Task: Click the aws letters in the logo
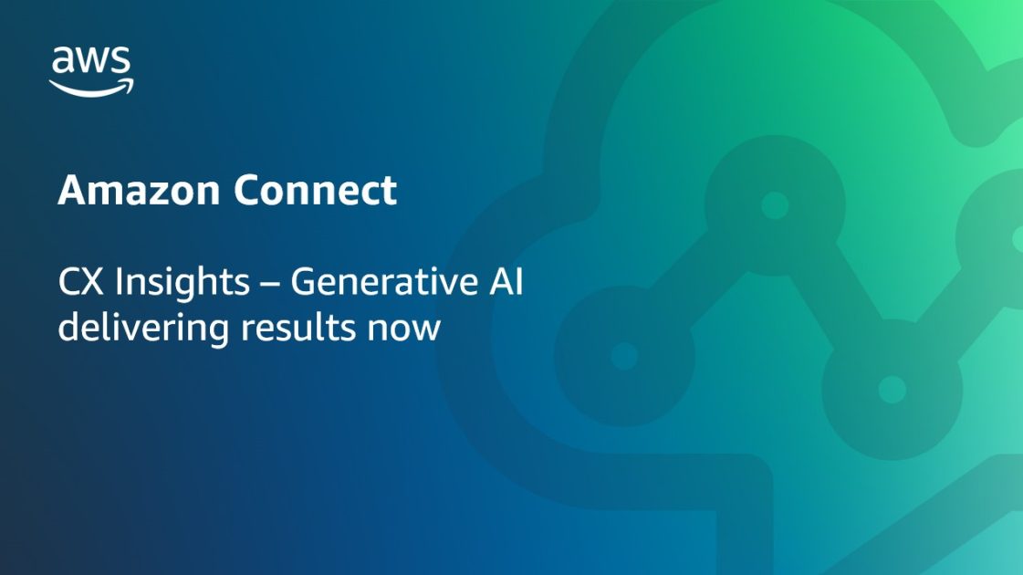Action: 91,61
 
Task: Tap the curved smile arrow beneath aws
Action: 91,87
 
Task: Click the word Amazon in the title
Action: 140,191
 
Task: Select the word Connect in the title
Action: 315,191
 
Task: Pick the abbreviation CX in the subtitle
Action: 81,283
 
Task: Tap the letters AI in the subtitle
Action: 504,283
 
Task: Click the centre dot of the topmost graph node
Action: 775,205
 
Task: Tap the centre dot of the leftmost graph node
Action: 624,356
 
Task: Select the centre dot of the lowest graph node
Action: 892,390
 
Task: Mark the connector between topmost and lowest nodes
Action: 832,296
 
